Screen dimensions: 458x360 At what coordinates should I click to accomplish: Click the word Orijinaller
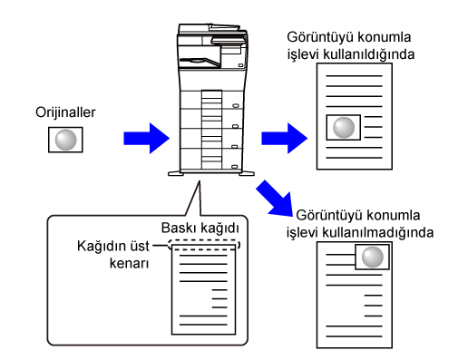tap(65, 112)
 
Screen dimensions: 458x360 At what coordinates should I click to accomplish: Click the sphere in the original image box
tap(65, 140)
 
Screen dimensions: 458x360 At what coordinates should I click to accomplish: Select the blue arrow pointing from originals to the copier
tap(147, 138)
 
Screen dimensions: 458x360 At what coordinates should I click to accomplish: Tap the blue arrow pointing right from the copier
tap(285, 138)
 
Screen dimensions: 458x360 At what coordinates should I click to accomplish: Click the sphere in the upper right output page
tap(344, 128)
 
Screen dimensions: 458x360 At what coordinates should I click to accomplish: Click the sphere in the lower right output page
tap(373, 257)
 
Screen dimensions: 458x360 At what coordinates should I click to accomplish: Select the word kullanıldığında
tap(369, 54)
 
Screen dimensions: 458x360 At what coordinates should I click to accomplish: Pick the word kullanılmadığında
tap(378, 233)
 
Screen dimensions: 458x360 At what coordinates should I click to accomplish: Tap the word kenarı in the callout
tap(129, 263)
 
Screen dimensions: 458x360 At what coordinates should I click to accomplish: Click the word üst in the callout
tap(140, 246)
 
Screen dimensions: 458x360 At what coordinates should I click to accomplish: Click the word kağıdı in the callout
tap(219, 229)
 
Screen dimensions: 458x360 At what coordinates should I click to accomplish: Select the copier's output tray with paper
tap(200, 62)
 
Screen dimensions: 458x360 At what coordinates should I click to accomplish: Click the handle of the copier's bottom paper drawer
tap(234, 167)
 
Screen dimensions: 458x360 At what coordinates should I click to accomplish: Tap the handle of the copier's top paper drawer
tap(236, 106)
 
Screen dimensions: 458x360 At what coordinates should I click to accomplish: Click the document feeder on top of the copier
tap(212, 30)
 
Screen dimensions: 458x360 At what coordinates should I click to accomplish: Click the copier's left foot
tap(176, 174)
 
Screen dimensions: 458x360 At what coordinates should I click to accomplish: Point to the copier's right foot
tap(247, 173)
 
